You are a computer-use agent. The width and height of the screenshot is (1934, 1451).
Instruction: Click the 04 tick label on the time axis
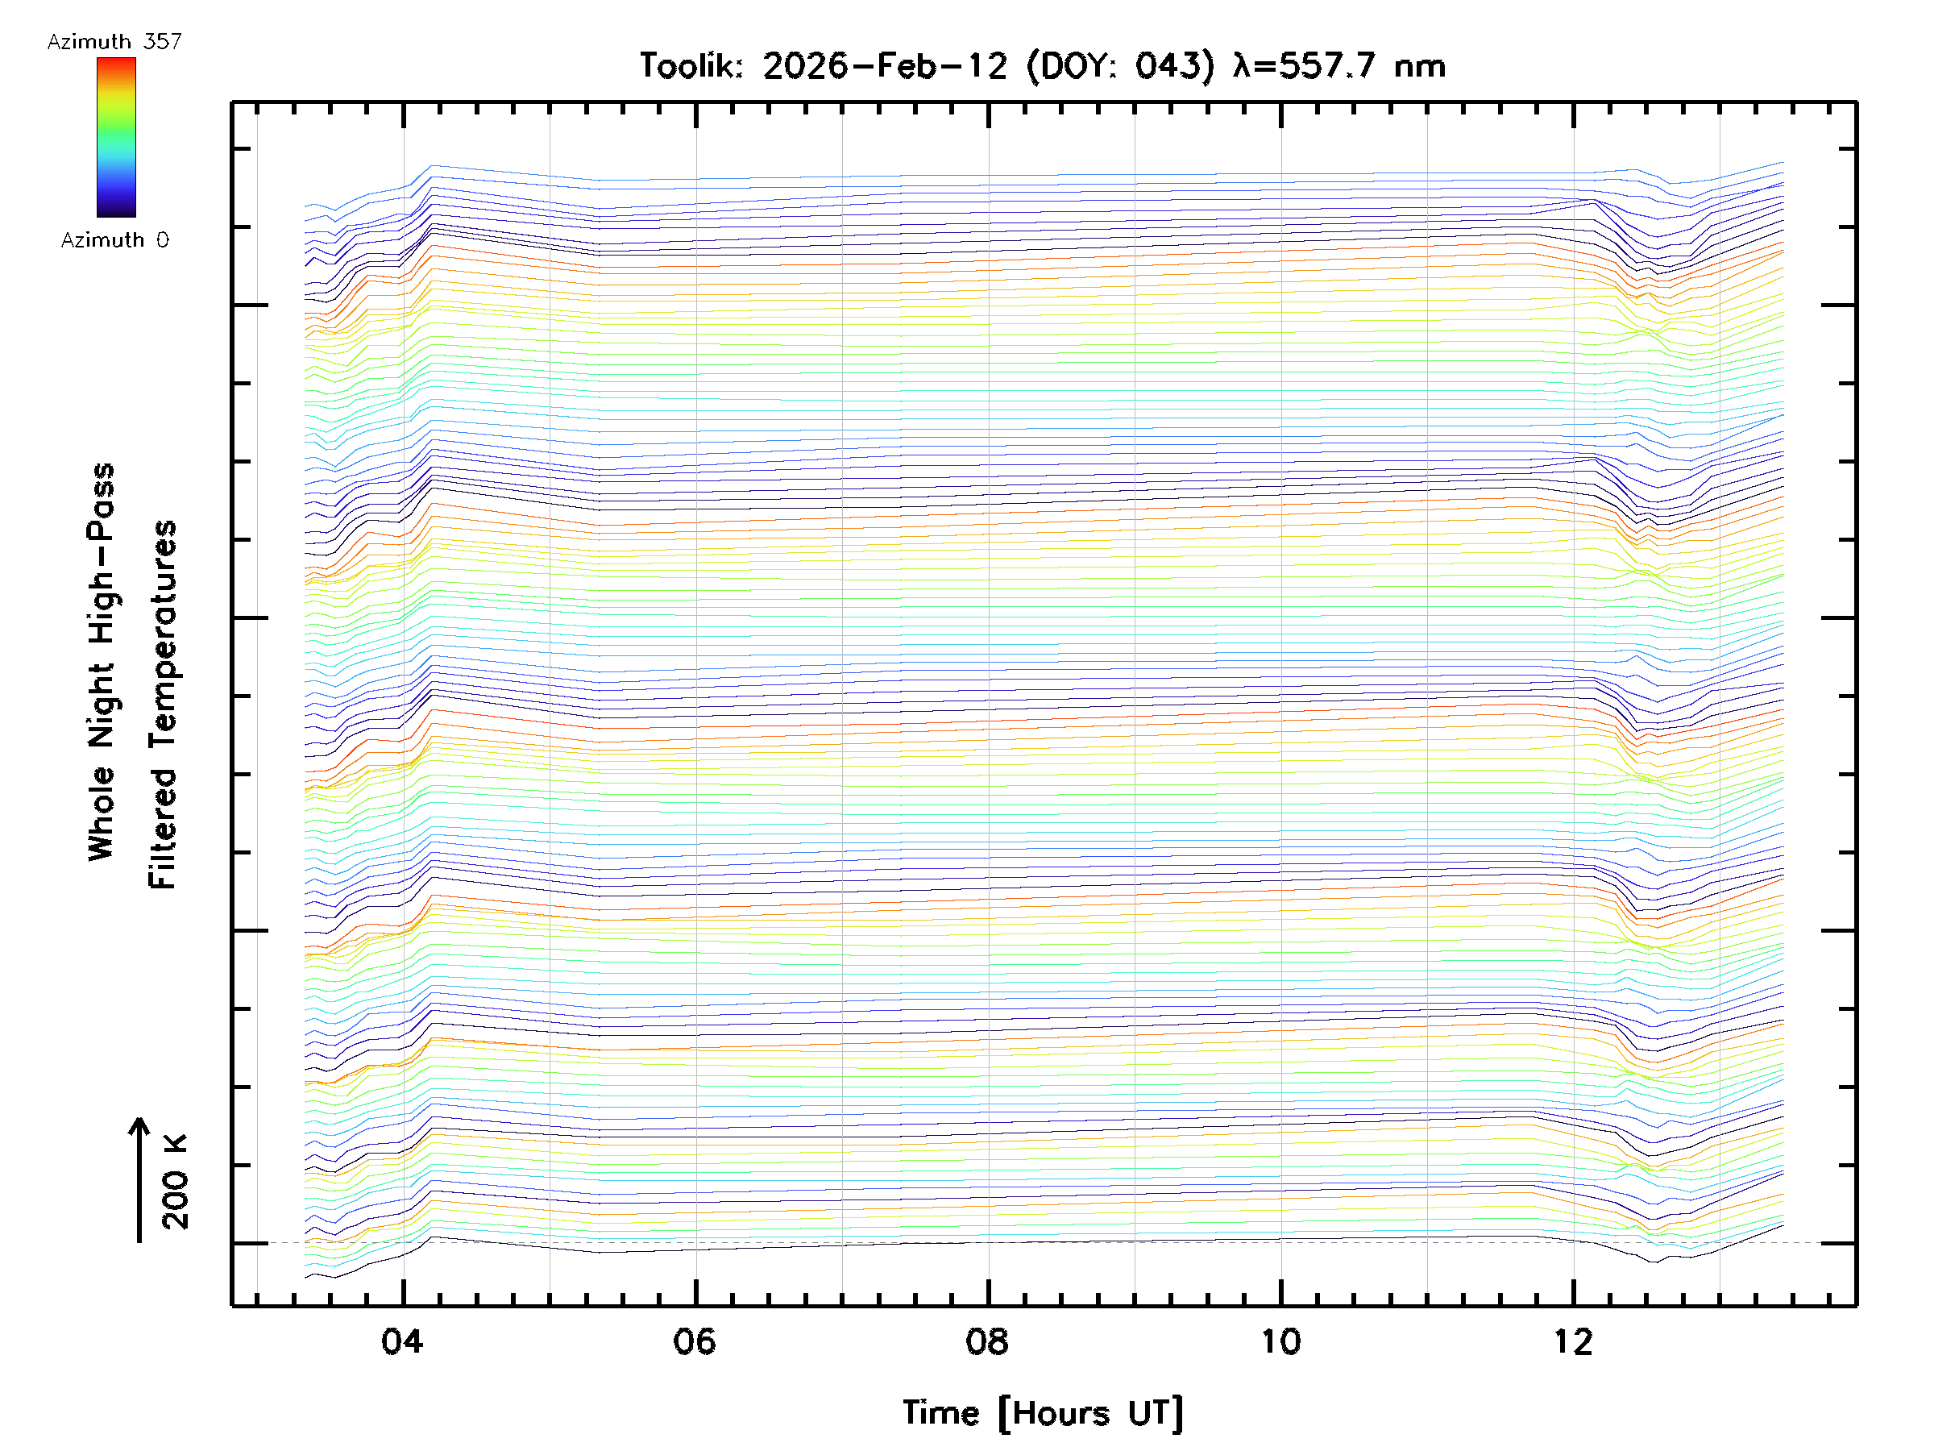[402, 1341]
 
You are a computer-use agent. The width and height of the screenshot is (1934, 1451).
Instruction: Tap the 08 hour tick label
[987, 1341]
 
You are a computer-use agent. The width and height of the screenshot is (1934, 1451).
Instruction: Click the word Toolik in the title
[691, 66]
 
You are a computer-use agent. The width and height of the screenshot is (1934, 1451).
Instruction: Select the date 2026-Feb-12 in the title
[884, 66]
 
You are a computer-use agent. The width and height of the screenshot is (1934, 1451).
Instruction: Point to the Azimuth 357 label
[114, 42]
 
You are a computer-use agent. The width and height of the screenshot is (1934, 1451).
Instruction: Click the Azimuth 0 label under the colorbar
[114, 239]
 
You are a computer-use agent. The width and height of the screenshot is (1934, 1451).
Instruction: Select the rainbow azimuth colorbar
[116, 137]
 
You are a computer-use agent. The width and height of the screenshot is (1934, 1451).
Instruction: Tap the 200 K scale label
[176, 1182]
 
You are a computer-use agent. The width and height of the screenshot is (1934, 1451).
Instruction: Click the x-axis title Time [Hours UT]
[1042, 1413]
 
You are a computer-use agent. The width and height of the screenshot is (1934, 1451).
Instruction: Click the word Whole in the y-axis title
[102, 813]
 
